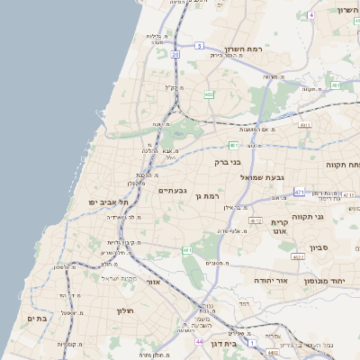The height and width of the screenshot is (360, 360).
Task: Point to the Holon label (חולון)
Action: pos(123,310)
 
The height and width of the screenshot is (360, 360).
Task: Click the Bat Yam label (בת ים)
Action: pos(36,319)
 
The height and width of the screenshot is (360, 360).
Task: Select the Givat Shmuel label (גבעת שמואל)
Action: pos(262,177)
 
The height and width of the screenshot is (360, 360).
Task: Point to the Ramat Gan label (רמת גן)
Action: pos(208,195)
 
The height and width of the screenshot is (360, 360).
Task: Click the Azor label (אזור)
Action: pos(153,281)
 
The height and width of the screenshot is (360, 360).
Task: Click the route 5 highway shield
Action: pos(199,45)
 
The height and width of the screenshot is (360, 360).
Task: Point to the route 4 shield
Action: pos(310,15)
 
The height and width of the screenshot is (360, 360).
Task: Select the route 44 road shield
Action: pos(199,342)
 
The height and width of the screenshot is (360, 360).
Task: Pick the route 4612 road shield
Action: pos(256,220)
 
